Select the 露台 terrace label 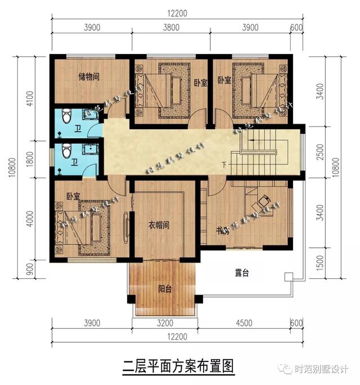click(x=242, y=274)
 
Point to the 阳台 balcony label click(x=165, y=290)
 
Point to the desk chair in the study click(x=263, y=200)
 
